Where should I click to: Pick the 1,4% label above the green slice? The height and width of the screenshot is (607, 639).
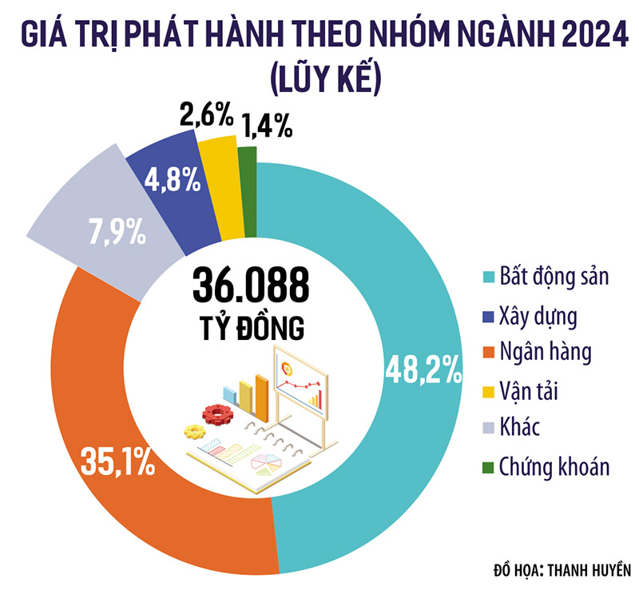[x=267, y=126]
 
